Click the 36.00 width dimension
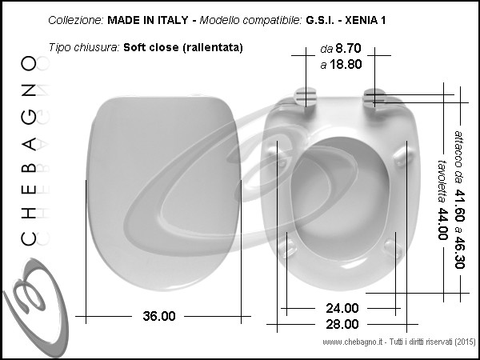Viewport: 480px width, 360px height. point(159,316)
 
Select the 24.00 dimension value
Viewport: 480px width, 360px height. point(342,308)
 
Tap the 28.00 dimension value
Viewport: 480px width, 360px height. point(342,324)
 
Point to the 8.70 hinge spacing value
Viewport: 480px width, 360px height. point(348,48)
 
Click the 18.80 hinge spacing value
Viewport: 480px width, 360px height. point(346,65)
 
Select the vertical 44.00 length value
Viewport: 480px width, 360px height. point(442,224)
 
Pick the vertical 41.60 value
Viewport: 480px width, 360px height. point(459,206)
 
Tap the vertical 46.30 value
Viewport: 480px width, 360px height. point(459,252)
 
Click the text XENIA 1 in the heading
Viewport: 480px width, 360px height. point(366,20)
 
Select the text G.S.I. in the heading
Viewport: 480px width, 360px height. point(320,20)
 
